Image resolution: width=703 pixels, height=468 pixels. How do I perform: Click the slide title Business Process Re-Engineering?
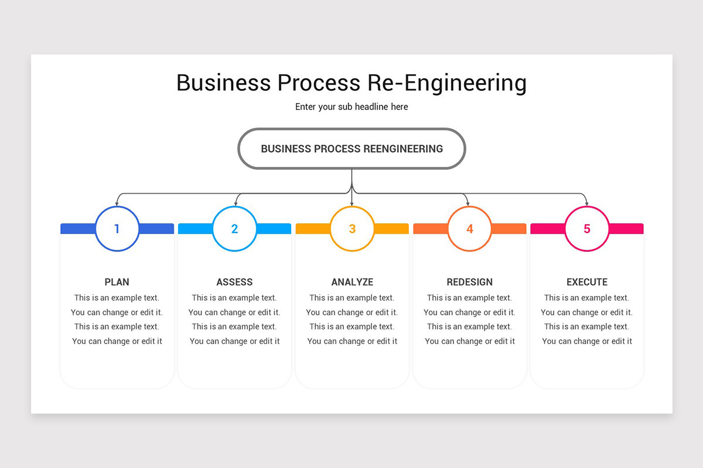click(351, 83)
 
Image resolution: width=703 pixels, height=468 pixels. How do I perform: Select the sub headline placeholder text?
click(351, 107)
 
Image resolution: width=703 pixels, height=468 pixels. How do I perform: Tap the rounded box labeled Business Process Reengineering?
click(351, 149)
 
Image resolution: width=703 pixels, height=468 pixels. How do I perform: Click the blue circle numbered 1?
click(117, 229)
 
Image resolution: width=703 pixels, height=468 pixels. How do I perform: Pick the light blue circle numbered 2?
click(234, 229)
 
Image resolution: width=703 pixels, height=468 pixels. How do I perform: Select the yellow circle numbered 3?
click(352, 229)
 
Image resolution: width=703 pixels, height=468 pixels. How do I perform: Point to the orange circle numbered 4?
click(469, 229)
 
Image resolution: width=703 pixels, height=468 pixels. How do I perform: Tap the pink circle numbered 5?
click(587, 229)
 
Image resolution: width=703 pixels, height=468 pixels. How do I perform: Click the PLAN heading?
click(117, 282)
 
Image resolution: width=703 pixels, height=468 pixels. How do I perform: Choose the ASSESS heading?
click(234, 282)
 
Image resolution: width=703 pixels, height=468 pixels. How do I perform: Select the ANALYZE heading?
click(352, 282)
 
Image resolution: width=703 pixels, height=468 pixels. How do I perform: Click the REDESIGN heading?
click(469, 282)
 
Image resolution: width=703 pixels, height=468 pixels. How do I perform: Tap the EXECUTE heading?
click(587, 282)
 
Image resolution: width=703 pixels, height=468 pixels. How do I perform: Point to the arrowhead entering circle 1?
click(117, 203)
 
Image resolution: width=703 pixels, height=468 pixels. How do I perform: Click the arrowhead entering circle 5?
click(587, 203)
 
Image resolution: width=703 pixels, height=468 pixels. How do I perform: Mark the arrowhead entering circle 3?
click(352, 203)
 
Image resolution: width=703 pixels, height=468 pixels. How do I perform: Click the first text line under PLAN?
click(117, 298)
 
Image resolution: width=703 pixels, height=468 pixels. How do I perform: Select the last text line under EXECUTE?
click(587, 341)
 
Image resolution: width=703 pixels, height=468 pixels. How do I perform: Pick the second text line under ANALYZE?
click(352, 312)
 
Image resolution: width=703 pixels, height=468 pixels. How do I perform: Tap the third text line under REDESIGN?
click(469, 326)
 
